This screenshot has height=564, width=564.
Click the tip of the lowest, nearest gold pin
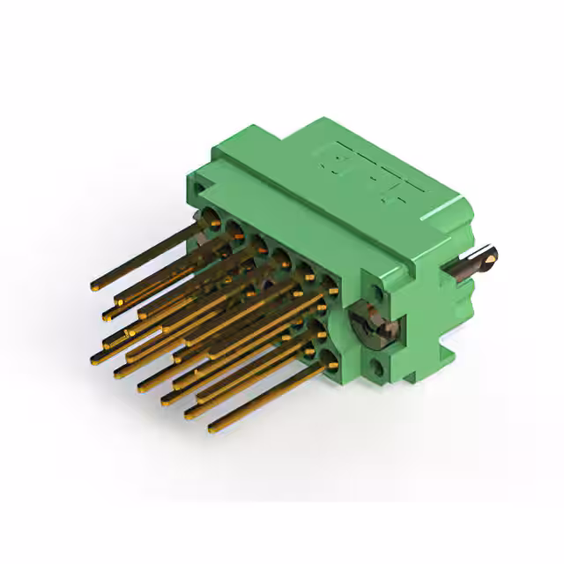click(x=212, y=428)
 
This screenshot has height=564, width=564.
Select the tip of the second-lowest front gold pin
click(x=189, y=412)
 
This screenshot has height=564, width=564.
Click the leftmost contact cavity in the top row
click(x=212, y=219)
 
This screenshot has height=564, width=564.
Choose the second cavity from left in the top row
click(x=236, y=231)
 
